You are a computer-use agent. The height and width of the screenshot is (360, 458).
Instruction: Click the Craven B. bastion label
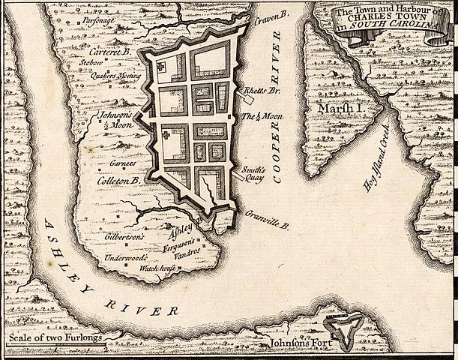[272, 18]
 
